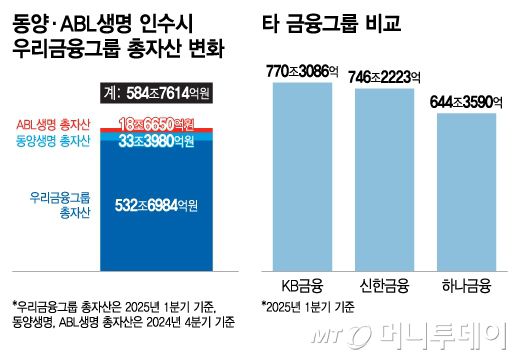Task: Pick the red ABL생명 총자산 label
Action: pos(53,124)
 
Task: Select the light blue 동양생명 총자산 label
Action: pos(53,141)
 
